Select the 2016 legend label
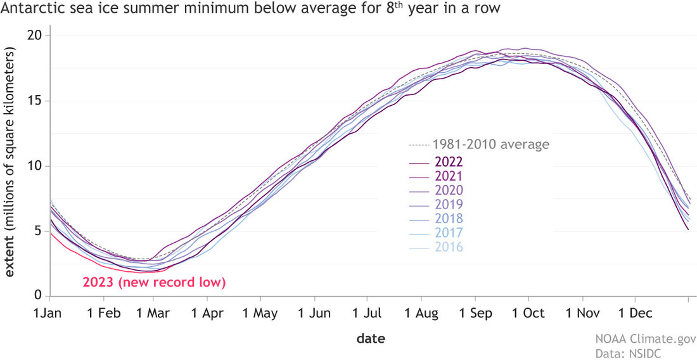(x=447, y=247)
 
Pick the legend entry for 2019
(x=447, y=204)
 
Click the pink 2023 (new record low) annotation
(x=154, y=282)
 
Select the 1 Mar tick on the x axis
(x=151, y=313)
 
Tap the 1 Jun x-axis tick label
(x=312, y=313)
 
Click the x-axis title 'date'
(x=370, y=338)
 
